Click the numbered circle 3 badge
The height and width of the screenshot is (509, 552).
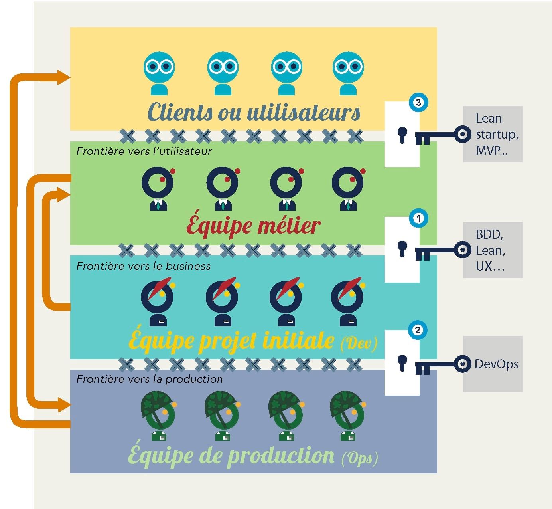pyautogui.click(x=418, y=103)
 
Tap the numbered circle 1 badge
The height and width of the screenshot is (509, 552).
pyautogui.click(x=418, y=218)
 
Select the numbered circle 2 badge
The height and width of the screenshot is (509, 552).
pyautogui.click(x=418, y=330)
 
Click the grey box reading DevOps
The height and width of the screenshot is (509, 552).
pyautogui.click(x=493, y=364)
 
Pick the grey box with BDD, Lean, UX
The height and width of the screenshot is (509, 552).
pyautogui.click(x=493, y=250)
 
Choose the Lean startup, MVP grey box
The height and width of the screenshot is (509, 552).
pyautogui.click(x=493, y=134)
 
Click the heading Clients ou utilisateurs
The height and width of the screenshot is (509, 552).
pyautogui.click(x=254, y=112)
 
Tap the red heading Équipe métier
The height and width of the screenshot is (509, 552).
pyautogui.click(x=253, y=226)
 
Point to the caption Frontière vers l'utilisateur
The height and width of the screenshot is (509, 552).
pyautogui.click(x=144, y=151)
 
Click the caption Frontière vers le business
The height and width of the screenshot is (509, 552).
pyautogui.click(x=144, y=266)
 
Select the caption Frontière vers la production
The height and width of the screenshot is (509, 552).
pyautogui.click(x=149, y=379)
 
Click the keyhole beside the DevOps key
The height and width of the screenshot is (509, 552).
pyautogui.click(x=402, y=362)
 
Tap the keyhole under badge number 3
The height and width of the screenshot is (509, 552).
pyautogui.click(x=402, y=135)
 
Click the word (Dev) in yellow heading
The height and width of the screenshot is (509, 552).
pyautogui.click(x=359, y=343)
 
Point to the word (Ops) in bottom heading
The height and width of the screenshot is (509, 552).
pyautogui.click(x=359, y=458)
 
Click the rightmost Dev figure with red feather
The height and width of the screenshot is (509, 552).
pyautogui.click(x=347, y=301)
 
